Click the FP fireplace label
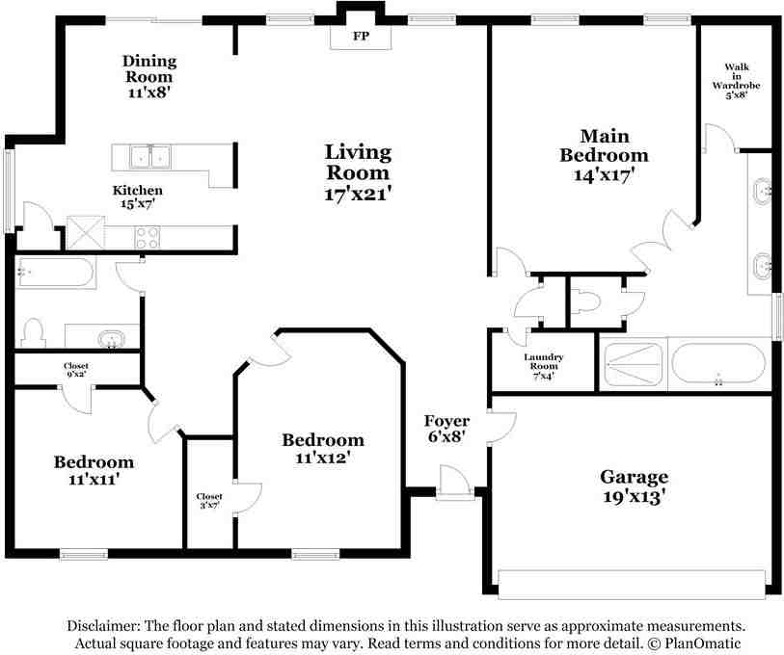[361, 36]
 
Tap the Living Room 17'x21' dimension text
[358, 194]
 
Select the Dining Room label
[149, 69]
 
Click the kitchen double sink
[150, 157]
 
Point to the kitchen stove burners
[148, 237]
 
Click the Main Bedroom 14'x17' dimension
[604, 175]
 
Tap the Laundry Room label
[544, 361]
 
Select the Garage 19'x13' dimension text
[634, 497]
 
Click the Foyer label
[446, 421]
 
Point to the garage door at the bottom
[632, 584]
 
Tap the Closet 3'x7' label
[209, 501]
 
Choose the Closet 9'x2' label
[76, 370]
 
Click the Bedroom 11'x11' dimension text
[94, 480]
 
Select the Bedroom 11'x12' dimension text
[322, 458]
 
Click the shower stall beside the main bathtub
[633, 365]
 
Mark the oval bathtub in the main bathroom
[718, 363]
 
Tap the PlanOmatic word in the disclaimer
[702, 643]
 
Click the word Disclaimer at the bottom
[103, 626]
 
